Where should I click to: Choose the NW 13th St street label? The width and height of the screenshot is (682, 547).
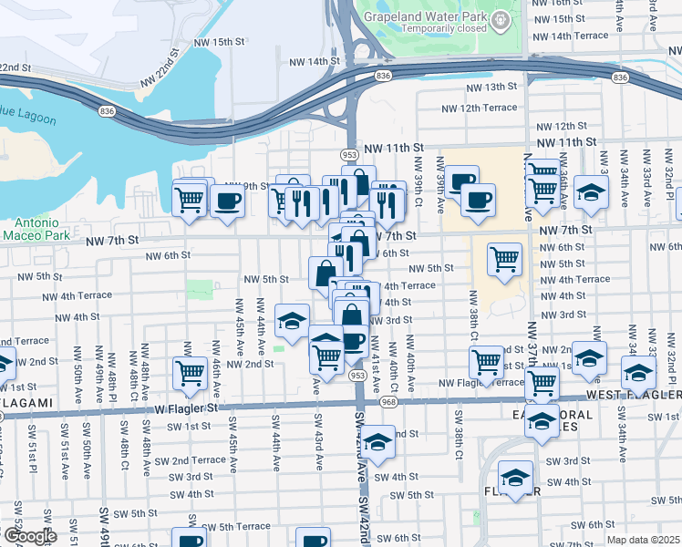point(491,88)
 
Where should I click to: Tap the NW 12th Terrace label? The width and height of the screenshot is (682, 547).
point(480,108)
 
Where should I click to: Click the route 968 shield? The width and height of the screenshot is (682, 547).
point(388,402)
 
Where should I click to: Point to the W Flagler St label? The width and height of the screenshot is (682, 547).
point(188,408)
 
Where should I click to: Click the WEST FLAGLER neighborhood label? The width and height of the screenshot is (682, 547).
point(633,395)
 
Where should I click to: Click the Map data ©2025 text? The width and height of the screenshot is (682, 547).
point(643,540)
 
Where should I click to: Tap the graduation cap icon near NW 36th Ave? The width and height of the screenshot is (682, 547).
point(591,192)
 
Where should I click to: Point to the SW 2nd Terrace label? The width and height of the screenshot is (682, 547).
point(191,460)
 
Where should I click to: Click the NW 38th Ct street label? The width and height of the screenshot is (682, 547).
point(473,311)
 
